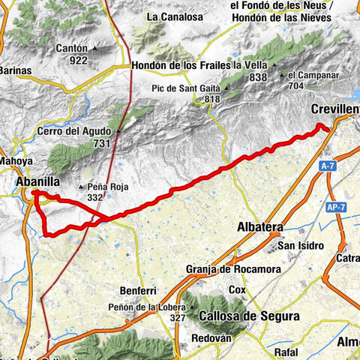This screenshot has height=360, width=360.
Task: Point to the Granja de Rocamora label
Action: pyautogui.click(x=223, y=270)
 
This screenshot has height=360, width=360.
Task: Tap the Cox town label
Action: pyautogui.click(x=238, y=289)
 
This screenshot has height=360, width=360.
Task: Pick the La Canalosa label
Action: pyautogui.click(x=174, y=15)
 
